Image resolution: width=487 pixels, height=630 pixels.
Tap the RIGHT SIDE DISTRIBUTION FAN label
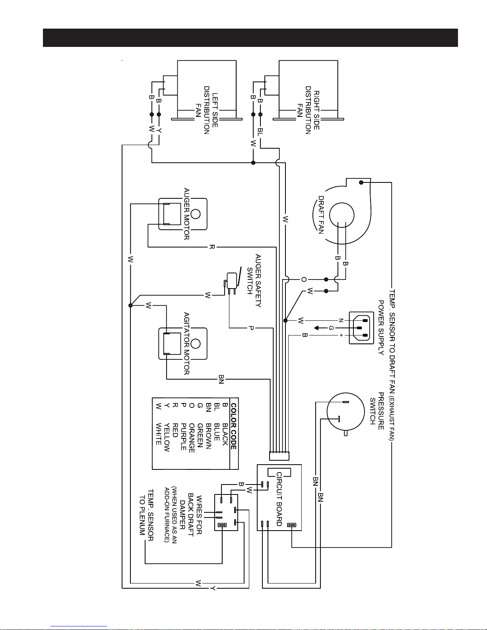point(308,110)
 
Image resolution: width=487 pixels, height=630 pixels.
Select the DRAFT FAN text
point(321,215)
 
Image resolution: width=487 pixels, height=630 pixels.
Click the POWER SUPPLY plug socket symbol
point(361,328)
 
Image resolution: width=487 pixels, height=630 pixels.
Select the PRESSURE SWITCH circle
point(345,412)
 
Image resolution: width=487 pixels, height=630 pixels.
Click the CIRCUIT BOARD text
point(279,499)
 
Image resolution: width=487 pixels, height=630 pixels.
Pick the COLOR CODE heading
point(234,426)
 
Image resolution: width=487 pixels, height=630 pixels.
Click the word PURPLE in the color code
point(184,436)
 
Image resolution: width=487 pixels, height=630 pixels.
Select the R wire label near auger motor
point(212,247)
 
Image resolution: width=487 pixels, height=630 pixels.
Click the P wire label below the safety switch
point(251,328)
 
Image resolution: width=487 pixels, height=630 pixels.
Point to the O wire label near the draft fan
point(304,279)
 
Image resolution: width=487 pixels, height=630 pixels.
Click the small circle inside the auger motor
point(196,214)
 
